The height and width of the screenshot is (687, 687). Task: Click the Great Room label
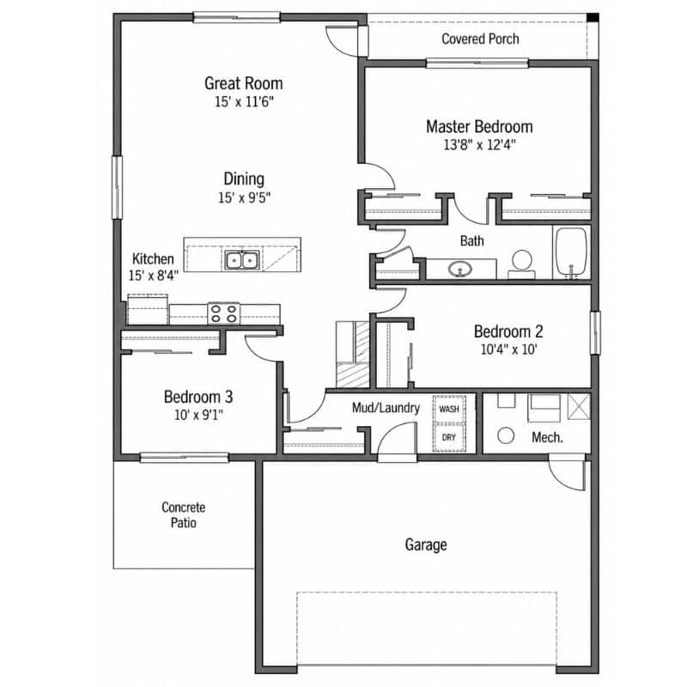tap(244, 83)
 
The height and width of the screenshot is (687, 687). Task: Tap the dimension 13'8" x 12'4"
tap(479, 144)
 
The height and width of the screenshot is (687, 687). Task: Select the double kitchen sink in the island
tap(242, 260)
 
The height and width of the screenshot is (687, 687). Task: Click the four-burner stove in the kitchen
tap(223, 313)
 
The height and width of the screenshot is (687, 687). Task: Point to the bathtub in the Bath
tap(571, 252)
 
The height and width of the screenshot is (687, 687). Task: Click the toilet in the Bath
tap(521, 264)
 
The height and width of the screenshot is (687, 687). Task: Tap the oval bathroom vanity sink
tap(460, 269)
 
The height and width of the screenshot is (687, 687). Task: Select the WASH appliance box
tap(449, 410)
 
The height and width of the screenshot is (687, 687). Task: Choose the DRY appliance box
tap(449, 437)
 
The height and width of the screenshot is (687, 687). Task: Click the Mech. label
tap(547, 437)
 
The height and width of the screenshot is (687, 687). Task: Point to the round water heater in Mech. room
tap(506, 435)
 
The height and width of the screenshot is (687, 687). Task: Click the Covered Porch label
tap(480, 39)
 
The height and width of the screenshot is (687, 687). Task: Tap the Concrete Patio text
tap(183, 514)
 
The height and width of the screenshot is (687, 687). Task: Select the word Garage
tap(426, 544)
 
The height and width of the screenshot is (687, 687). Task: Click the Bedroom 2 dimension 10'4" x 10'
tap(508, 350)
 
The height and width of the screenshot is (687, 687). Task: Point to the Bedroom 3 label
tap(198, 397)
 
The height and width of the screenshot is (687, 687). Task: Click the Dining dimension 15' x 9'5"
tap(244, 198)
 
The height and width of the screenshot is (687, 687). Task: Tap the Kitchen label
tap(153, 258)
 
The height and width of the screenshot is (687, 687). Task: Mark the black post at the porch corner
tap(593, 17)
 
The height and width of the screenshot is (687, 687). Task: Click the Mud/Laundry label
tap(386, 408)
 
